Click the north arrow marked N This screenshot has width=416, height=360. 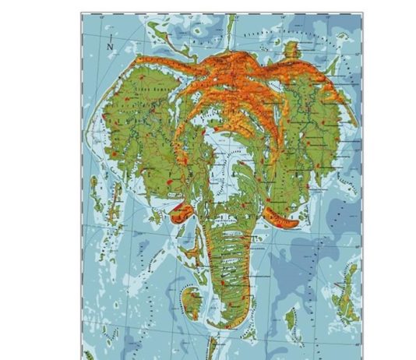(x=111, y=44)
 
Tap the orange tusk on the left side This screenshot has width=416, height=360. (x=180, y=208)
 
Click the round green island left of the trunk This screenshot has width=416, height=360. (x=190, y=299)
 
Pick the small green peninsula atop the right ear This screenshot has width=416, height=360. (x=291, y=50)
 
